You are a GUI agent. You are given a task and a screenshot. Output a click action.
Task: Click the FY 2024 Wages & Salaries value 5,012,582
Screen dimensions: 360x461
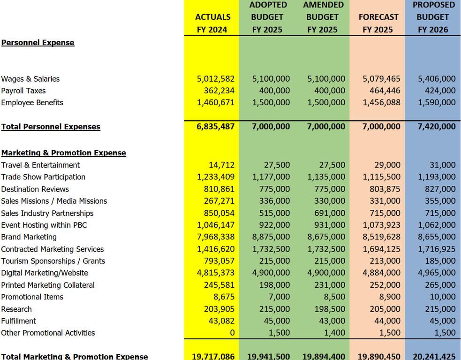[x=216, y=79]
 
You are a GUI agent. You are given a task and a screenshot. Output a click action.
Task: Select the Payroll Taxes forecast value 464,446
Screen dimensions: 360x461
[x=382, y=91]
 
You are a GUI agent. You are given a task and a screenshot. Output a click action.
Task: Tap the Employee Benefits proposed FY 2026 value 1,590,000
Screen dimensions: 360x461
[x=437, y=102]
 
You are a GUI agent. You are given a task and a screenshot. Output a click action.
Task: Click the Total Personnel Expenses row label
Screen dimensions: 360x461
[x=51, y=127]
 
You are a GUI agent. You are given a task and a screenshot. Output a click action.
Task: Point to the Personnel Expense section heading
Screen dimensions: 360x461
[x=38, y=43]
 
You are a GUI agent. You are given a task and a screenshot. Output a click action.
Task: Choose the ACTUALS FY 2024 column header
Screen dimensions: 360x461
[x=212, y=23]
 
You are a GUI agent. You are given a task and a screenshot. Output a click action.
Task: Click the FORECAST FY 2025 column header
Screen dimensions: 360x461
[x=378, y=23]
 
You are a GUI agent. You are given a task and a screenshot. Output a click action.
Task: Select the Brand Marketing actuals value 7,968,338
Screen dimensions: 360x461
[x=216, y=237]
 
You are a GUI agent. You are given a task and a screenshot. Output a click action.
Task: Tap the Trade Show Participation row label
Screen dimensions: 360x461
[x=43, y=177]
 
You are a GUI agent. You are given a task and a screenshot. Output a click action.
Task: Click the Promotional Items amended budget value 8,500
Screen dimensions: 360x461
[x=334, y=297]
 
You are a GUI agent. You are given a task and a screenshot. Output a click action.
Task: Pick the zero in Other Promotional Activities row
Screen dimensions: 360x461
[x=232, y=333]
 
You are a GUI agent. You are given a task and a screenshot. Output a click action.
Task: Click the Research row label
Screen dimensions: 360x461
[x=16, y=309]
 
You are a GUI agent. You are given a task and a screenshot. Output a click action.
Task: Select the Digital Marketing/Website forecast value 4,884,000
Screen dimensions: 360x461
[x=382, y=273]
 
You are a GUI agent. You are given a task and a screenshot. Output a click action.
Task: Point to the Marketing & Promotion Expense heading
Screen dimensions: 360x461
[x=64, y=153]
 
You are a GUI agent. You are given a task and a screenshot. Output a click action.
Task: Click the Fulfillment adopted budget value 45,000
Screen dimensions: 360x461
[x=277, y=321]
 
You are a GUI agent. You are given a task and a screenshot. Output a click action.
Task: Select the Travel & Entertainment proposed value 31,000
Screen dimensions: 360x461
[x=442, y=165]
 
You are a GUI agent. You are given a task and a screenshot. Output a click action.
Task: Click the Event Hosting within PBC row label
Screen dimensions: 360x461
[x=44, y=225]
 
